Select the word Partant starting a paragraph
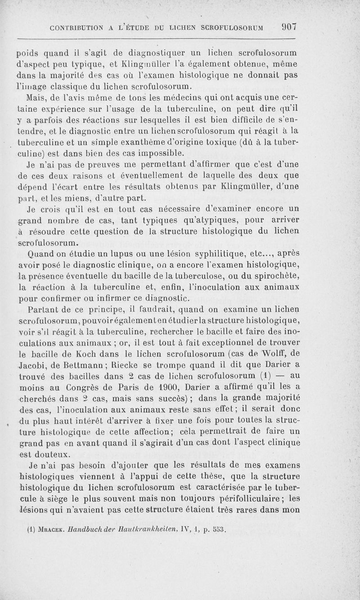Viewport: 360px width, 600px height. pyautogui.click(x=43, y=310)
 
